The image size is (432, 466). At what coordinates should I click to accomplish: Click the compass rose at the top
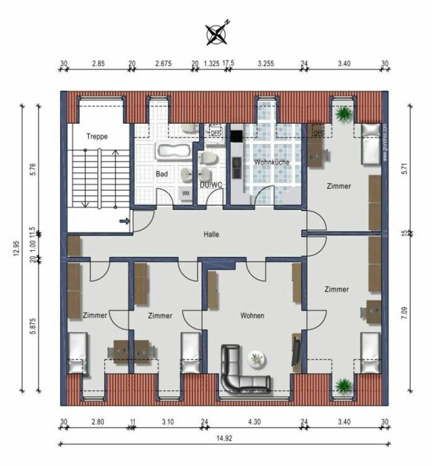click(216, 34)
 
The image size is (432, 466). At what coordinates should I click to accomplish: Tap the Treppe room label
click(97, 137)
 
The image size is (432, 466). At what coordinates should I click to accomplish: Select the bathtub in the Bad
click(173, 151)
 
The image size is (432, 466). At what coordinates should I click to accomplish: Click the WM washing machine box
click(186, 194)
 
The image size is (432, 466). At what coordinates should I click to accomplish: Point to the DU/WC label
click(211, 185)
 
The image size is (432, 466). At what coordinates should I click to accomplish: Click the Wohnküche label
click(272, 162)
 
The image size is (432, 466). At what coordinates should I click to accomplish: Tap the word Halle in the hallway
click(211, 234)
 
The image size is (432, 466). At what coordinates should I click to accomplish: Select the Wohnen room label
click(252, 316)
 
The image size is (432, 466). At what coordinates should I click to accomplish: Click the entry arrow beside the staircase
click(124, 221)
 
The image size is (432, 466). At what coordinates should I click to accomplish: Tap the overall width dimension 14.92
click(224, 438)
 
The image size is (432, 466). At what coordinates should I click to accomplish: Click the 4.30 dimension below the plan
click(254, 422)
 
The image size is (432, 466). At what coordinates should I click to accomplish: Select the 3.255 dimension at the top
click(266, 63)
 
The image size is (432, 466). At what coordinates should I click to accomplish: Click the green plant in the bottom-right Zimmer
click(343, 385)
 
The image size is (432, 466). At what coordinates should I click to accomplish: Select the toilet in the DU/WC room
click(206, 157)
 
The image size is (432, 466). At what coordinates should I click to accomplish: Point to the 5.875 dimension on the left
click(33, 326)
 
